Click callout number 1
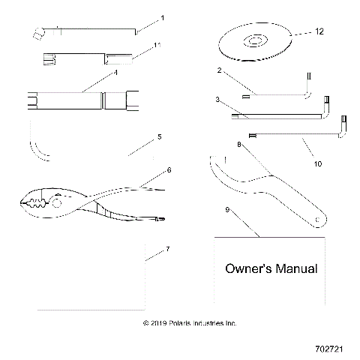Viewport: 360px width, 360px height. (x=163, y=16)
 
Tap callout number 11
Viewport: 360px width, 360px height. (x=157, y=46)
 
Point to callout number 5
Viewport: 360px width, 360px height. (x=158, y=137)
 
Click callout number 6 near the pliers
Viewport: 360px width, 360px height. (x=169, y=170)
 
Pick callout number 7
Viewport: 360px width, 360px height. (x=167, y=247)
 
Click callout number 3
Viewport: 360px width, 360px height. (x=217, y=98)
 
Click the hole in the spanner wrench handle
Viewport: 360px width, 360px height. (x=319, y=219)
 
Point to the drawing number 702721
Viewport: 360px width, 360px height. (x=331, y=349)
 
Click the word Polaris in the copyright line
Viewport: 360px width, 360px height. (x=184, y=323)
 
